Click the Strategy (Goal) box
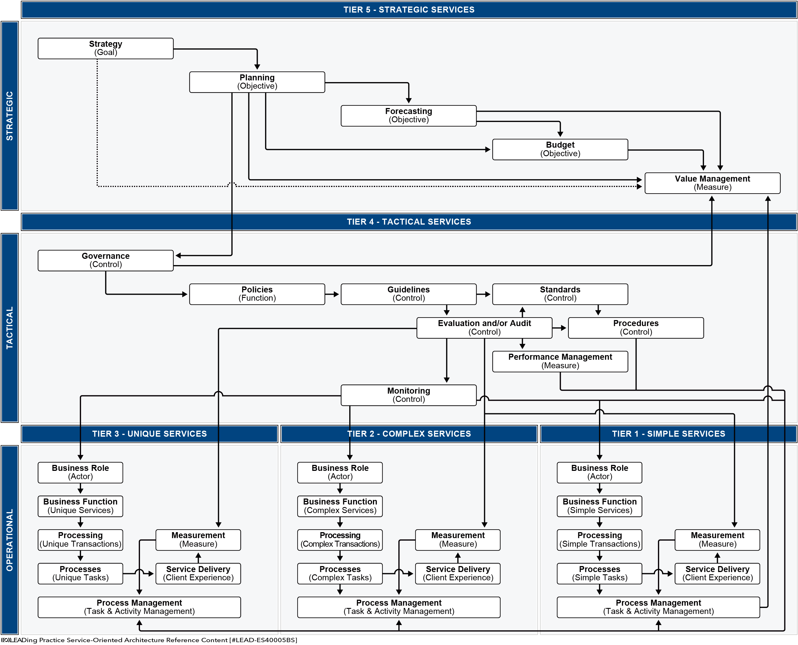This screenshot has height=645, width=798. (105, 48)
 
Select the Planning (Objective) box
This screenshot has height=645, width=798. (257, 82)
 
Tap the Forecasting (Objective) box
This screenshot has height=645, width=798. (409, 115)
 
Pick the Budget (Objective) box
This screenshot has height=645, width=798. (560, 149)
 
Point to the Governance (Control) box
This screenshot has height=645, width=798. (105, 261)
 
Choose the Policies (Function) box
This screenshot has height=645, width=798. (257, 294)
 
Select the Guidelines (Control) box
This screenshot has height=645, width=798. (409, 294)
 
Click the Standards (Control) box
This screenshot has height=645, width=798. (560, 294)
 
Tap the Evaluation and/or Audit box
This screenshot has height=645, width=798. (484, 328)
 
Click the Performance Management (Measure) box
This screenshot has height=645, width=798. (560, 361)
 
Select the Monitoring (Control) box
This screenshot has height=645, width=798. (409, 395)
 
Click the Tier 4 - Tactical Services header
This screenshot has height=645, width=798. (409, 222)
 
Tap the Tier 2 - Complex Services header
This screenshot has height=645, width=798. (409, 434)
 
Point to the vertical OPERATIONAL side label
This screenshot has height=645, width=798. (10, 540)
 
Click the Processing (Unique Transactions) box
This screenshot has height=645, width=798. (80, 540)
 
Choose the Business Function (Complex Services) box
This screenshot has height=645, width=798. (340, 506)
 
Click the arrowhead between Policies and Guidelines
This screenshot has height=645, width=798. (336, 294)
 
